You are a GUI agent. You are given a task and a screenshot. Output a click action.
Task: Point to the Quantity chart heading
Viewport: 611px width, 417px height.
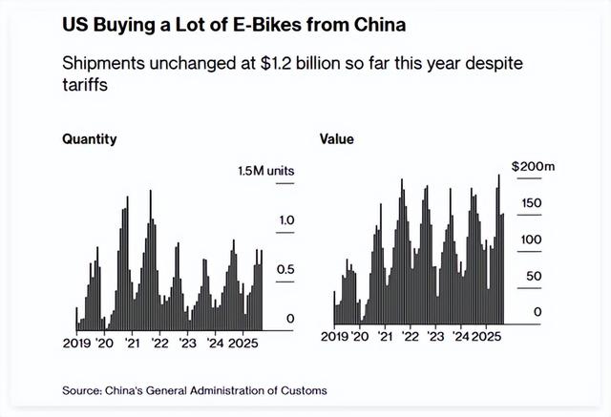pyautogui.click(x=89, y=139)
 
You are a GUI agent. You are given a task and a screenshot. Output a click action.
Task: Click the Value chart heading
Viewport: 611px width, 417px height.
pyautogui.click(x=337, y=139)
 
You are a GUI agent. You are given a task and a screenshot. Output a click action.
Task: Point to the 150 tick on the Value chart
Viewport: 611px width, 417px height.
pyautogui.click(x=532, y=203)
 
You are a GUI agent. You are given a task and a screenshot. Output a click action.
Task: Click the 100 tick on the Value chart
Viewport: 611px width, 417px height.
pyautogui.click(x=532, y=240)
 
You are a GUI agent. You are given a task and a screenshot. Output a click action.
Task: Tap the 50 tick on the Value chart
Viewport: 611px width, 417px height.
pyautogui.click(x=536, y=276)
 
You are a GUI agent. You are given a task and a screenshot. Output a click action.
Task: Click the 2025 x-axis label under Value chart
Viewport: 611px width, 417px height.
pyautogui.click(x=488, y=336)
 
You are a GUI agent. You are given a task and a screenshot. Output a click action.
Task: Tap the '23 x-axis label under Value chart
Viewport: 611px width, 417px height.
pyautogui.click(x=435, y=336)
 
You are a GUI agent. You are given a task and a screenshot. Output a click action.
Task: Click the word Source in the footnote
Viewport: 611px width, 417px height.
pyautogui.click(x=81, y=390)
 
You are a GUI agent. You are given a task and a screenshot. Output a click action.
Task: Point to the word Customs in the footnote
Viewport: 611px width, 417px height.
pyautogui.click(x=301, y=390)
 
